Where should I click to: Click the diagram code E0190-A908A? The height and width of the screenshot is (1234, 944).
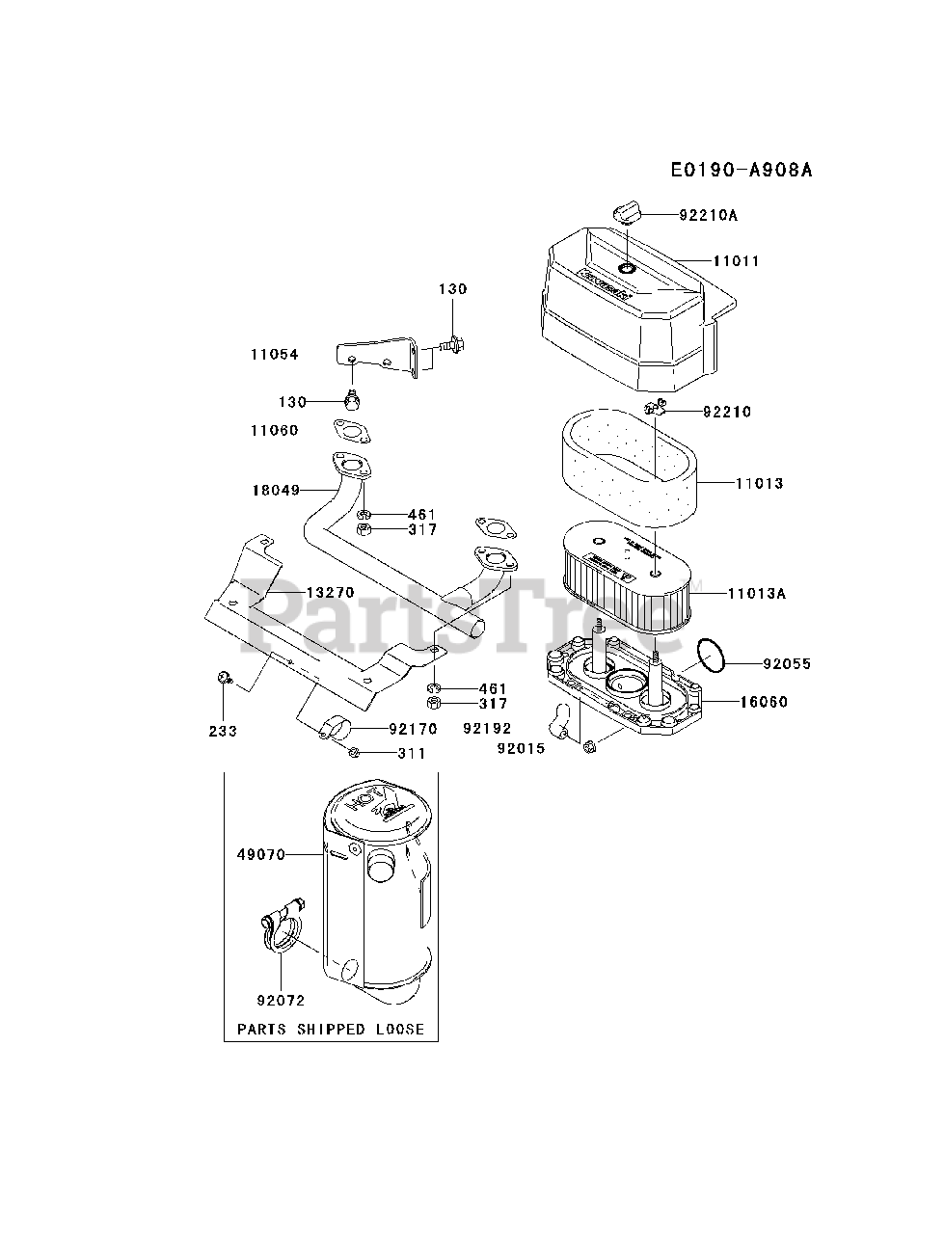[742, 171]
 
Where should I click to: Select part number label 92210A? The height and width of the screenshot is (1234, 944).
[707, 216]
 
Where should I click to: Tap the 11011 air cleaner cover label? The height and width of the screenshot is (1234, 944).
[737, 261]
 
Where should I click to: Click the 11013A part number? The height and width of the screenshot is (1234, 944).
[756, 594]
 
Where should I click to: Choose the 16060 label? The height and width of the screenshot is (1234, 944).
[764, 702]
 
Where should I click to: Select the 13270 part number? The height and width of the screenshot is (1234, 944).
[331, 592]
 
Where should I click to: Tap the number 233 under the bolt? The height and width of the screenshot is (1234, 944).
[223, 731]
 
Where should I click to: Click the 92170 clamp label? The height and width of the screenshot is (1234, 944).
[413, 730]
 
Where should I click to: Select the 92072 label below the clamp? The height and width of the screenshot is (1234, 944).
[281, 1001]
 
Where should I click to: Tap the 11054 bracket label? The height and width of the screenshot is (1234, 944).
[275, 355]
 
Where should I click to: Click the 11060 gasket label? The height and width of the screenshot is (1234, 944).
[275, 431]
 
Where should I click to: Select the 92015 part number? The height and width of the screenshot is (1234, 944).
[521, 747]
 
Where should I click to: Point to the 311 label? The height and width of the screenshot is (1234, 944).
[413, 754]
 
